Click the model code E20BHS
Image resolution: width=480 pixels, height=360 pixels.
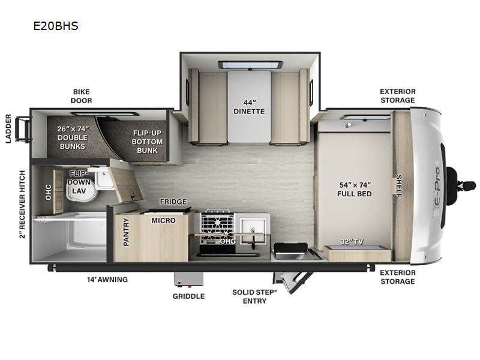click(x=56, y=26)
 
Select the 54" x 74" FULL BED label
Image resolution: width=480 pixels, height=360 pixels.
click(x=355, y=189)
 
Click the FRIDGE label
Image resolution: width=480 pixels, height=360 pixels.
click(x=173, y=202)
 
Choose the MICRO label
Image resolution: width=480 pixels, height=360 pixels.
click(x=163, y=220)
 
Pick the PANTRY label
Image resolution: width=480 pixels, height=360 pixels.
click(x=126, y=232)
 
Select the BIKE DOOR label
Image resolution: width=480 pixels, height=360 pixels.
click(x=82, y=96)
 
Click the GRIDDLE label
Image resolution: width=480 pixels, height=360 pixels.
click(x=189, y=296)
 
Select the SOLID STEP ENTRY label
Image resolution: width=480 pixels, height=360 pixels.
click(x=255, y=296)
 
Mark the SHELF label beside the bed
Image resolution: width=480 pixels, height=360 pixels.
click(x=399, y=185)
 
